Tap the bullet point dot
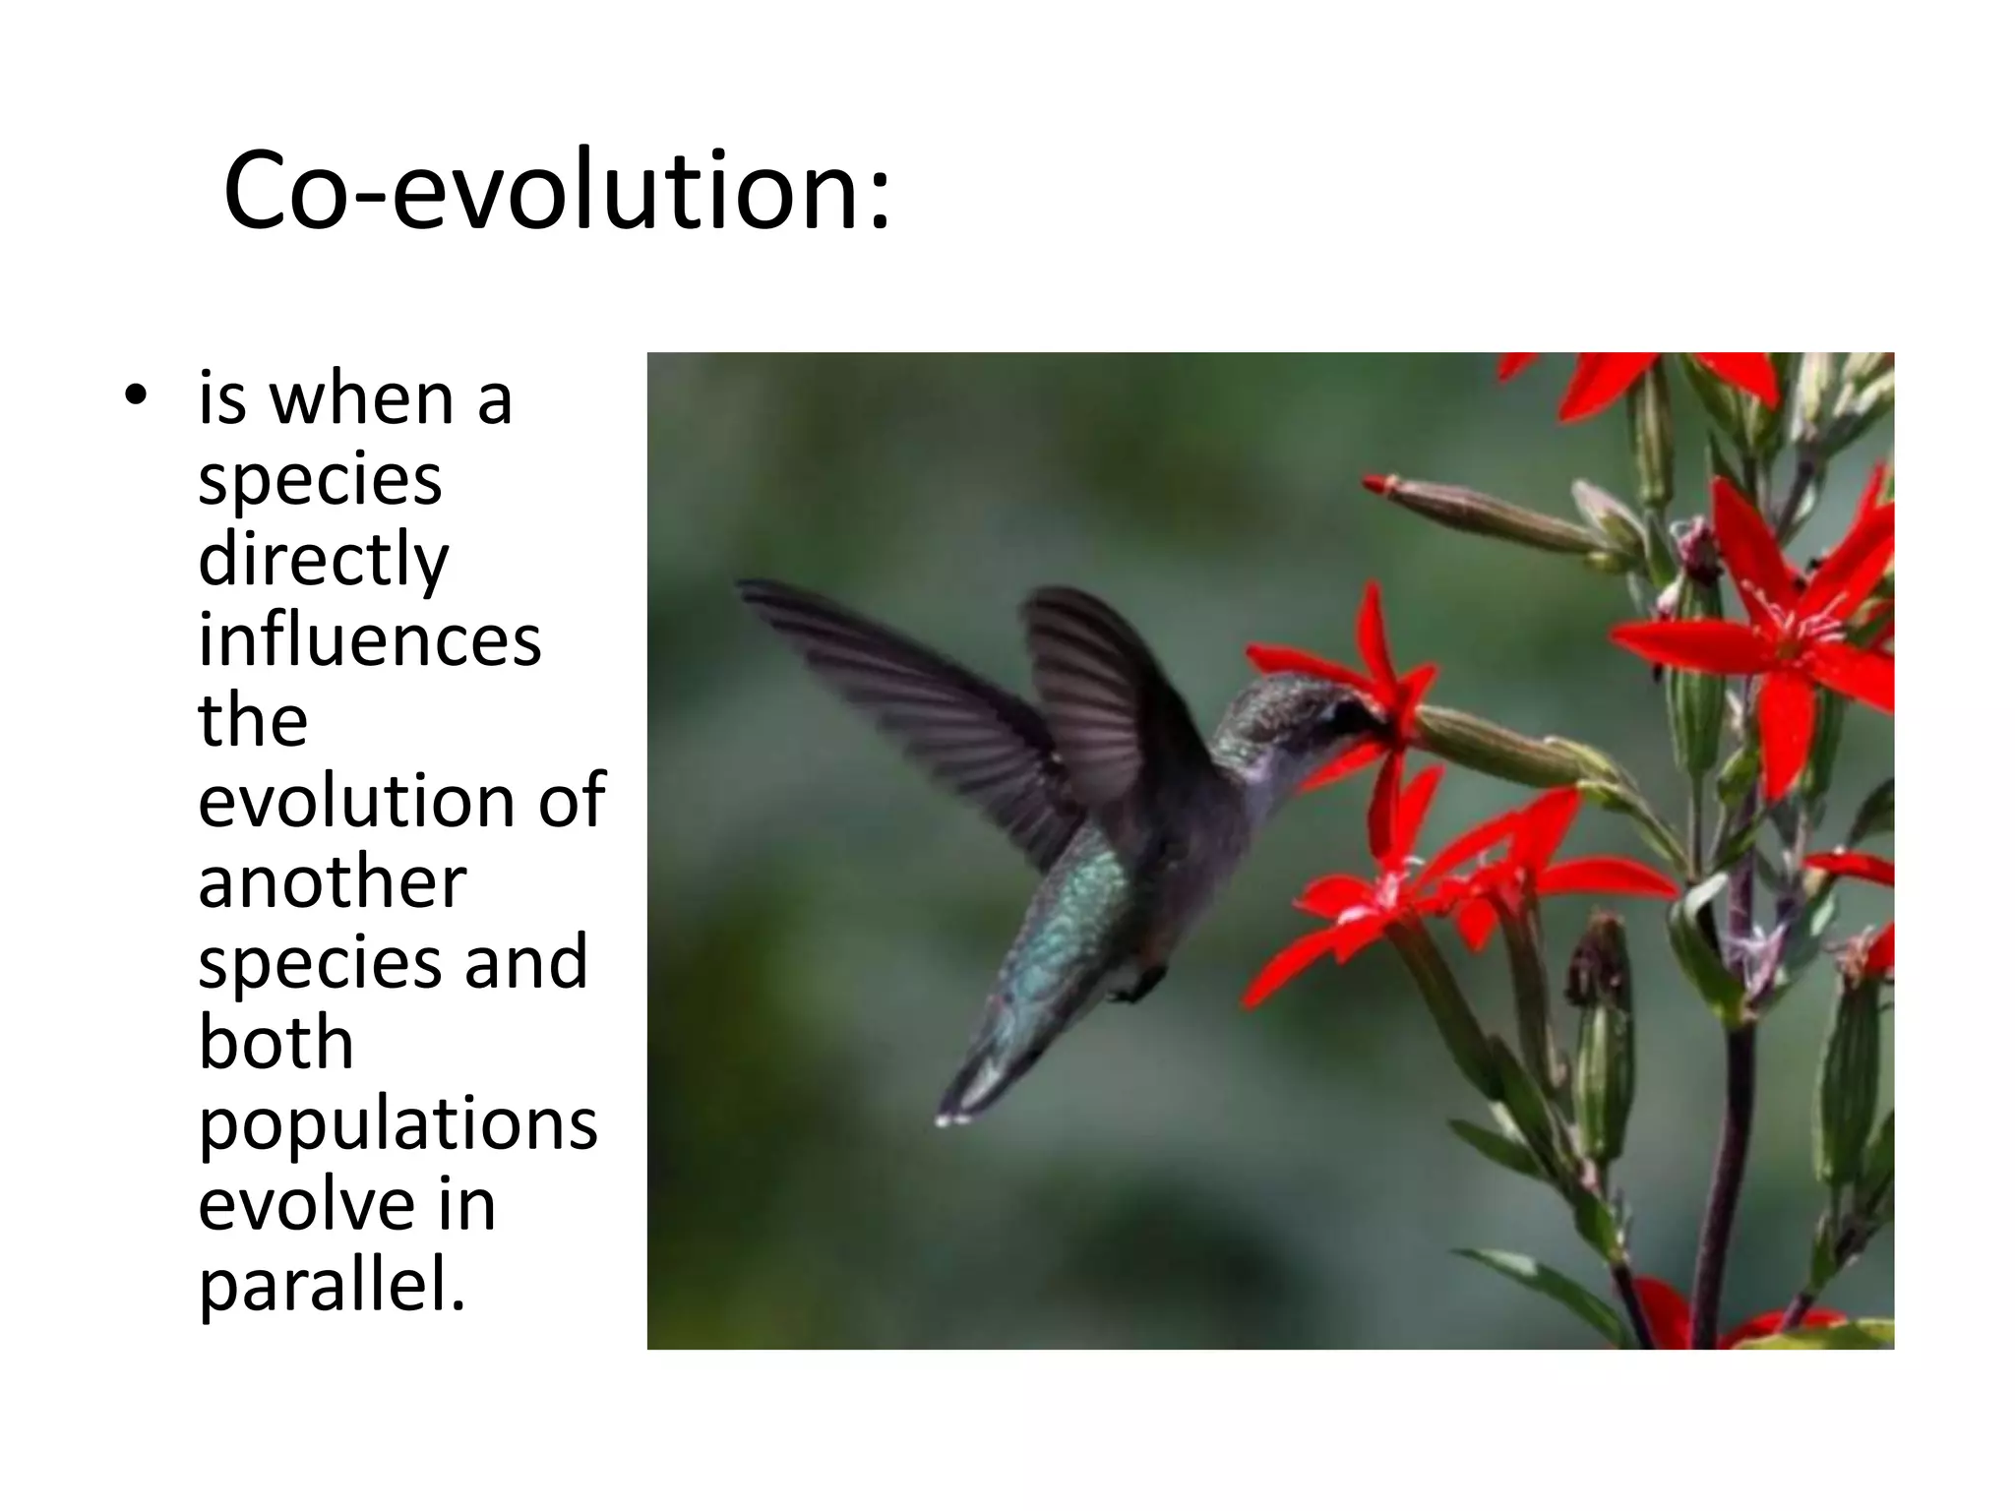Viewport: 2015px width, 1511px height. coord(136,395)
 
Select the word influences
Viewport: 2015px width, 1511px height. coord(369,640)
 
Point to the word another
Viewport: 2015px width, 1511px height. coord(332,881)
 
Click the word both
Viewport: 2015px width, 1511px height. coord(275,1043)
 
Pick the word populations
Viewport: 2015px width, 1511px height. coord(397,1123)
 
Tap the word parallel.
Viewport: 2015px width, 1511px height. coord(332,1285)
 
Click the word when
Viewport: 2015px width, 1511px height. coord(361,399)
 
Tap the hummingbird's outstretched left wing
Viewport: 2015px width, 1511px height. coord(905,679)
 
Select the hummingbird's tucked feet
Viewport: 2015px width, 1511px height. coord(1141,984)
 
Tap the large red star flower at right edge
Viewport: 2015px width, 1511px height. coord(1781,630)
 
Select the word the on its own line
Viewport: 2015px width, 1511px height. coord(253,721)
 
